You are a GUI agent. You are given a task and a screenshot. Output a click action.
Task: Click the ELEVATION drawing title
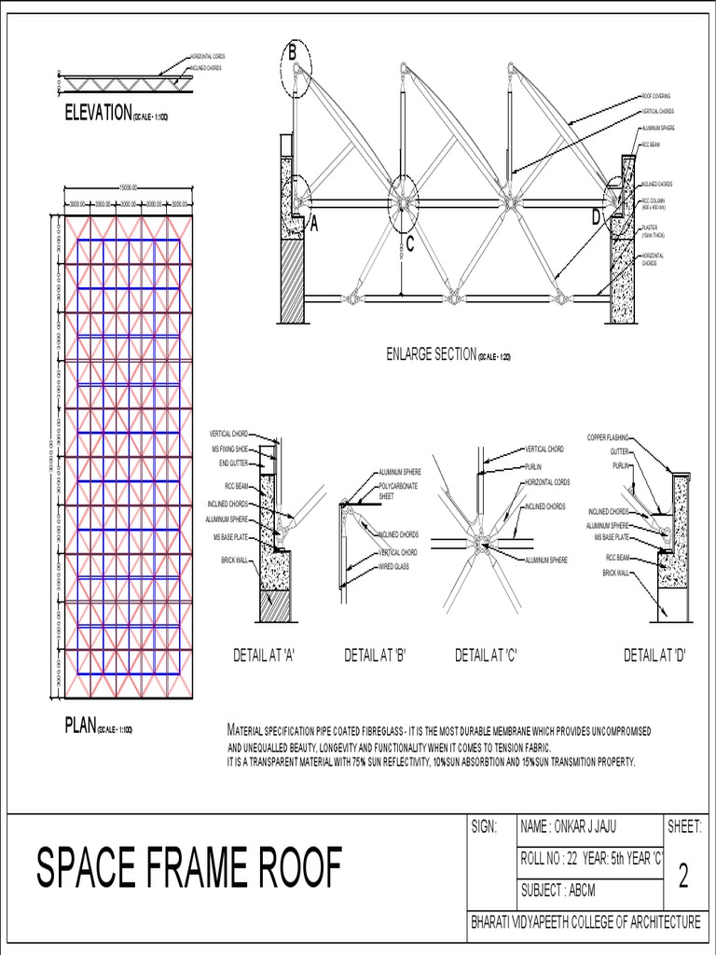coord(98,113)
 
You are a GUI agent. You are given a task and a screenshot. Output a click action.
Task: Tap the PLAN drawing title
coord(81,726)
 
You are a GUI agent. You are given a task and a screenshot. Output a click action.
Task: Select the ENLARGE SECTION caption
coord(431,353)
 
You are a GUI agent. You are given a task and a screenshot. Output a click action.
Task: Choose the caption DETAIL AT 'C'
coord(486,656)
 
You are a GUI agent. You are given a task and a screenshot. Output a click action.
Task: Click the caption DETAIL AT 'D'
coord(654,656)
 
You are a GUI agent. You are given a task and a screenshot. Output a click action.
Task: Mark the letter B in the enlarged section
coord(292,54)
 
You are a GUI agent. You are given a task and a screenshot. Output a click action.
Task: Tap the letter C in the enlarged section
coord(408,244)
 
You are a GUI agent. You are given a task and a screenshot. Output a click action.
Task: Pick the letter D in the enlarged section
coord(596,217)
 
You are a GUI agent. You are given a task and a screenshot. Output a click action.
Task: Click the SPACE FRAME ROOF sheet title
coord(188,868)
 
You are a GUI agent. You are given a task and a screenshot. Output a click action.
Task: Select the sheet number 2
coord(683,877)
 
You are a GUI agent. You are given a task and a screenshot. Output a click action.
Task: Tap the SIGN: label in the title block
coord(486,826)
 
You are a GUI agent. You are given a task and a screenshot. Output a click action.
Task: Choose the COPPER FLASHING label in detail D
coord(608,437)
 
